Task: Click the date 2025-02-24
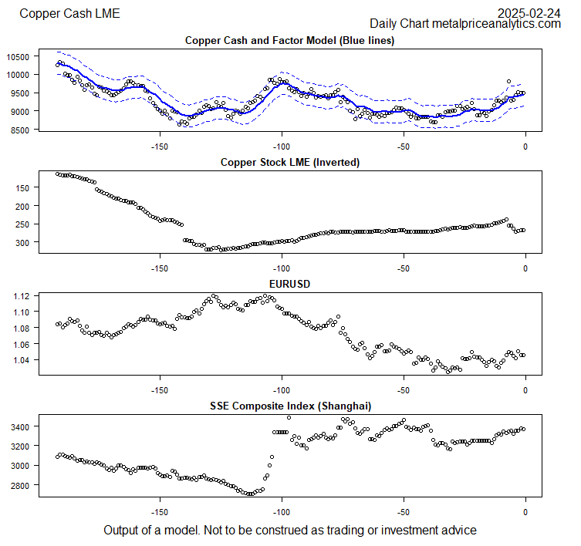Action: pos(529,12)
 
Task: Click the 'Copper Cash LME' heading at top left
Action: pos(69,13)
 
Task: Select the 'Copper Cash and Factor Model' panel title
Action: pos(289,40)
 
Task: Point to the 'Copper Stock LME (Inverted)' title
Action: pos(289,162)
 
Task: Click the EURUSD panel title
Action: pos(289,284)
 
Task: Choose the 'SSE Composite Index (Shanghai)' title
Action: pos(289,406)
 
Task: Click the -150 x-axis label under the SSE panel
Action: pos(160,512)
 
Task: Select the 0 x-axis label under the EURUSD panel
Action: pos(525,390)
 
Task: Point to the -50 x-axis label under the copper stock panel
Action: pos(404,268)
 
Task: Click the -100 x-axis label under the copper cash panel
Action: pos(282,147)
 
